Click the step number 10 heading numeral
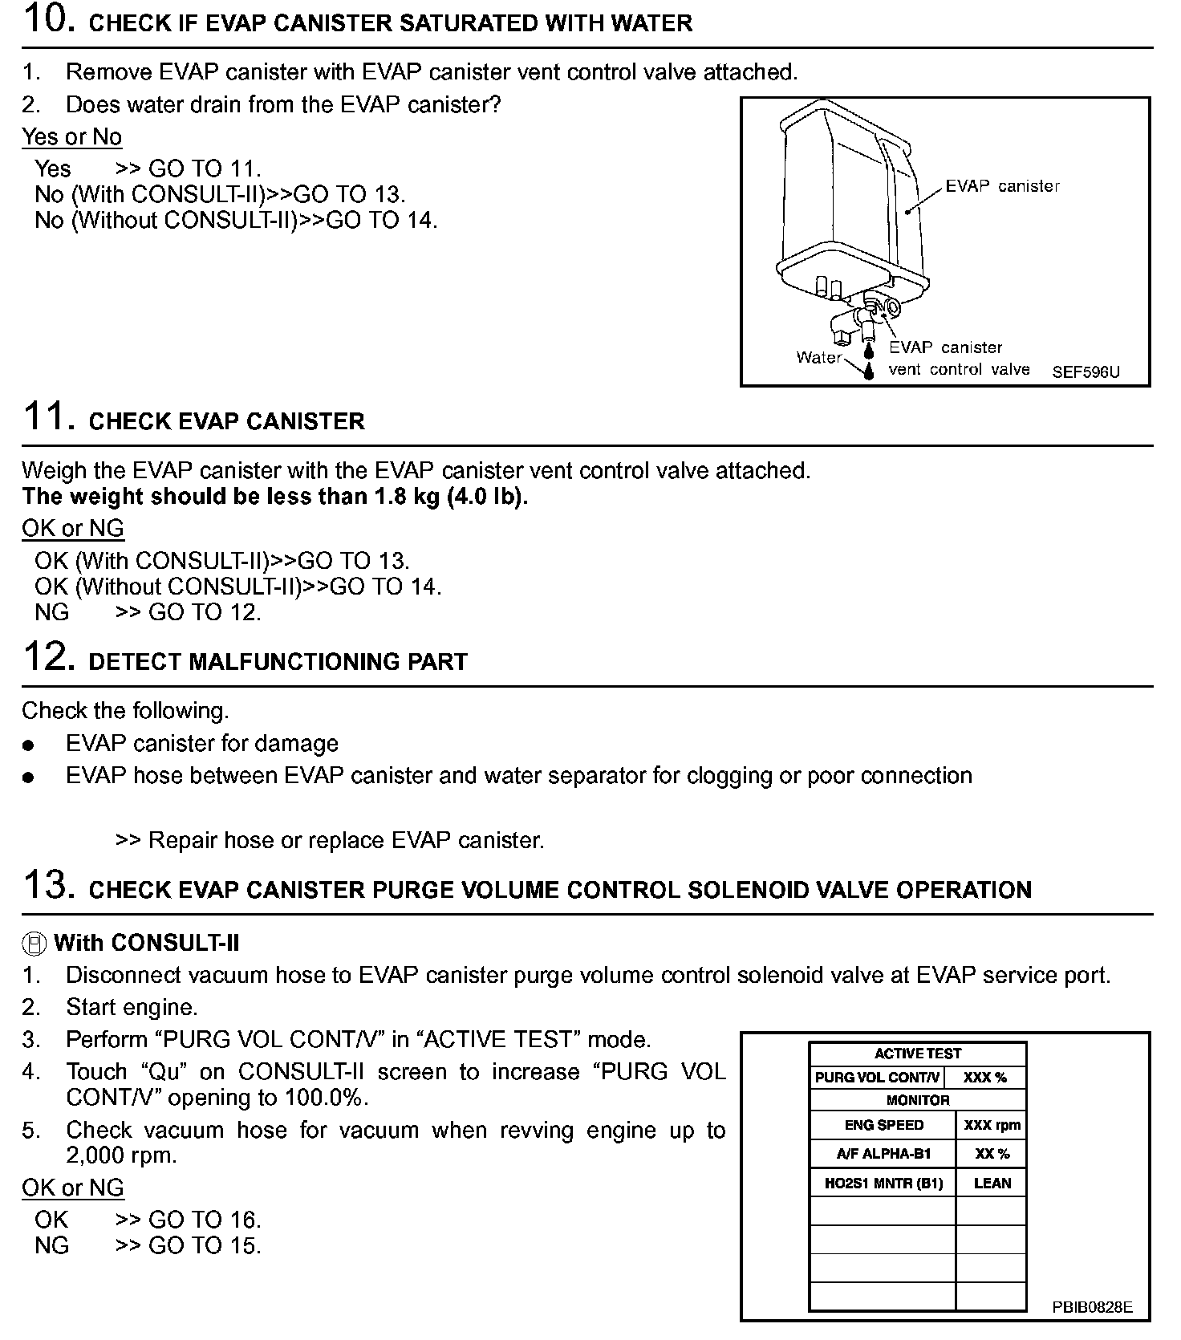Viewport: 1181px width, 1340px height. tap(49, 19)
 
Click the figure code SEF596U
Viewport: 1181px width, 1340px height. tap(1086, 372)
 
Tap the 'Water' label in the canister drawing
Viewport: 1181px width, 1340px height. tap(818, 358)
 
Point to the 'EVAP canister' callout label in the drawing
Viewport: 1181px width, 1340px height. tap(1002, 186)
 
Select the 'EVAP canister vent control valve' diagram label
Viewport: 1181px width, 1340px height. tap(958, 359)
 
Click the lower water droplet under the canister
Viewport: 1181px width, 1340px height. tap(868, 372)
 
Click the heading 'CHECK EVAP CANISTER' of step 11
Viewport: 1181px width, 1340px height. tap(226, 422)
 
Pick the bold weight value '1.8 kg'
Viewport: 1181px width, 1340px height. tap(407, 497)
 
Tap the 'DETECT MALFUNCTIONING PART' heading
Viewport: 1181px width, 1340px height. tap(278, 663)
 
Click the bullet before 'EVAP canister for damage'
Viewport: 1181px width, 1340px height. tap(29, 745)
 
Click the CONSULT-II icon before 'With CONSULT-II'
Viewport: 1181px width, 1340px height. tap(34, 944)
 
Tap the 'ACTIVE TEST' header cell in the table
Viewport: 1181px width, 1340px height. tap(917, 1054)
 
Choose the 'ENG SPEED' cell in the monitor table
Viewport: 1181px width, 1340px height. tap(883, 1126)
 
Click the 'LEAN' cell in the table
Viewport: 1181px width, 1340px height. tap(992, 1184)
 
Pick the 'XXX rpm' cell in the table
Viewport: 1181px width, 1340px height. tap(992, 1126)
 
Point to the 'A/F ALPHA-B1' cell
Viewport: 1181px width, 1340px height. tap(883, 1155)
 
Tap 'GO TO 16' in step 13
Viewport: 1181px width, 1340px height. tap(204, 1220)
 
